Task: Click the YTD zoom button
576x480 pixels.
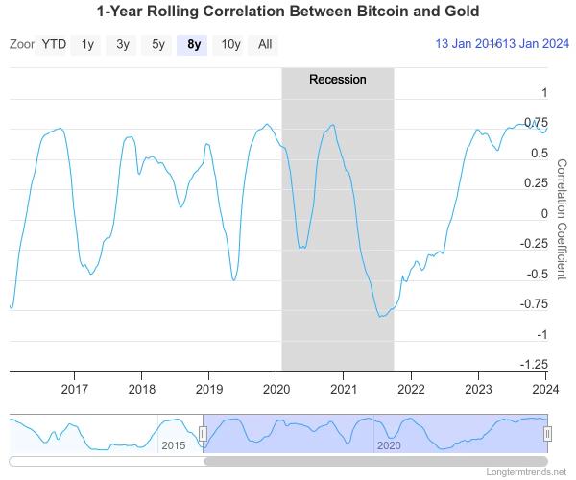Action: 54,44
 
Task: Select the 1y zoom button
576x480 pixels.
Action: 88,44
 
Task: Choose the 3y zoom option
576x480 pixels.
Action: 123,44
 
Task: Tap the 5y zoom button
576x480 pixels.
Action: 158,44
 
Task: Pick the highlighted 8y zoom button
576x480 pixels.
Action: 194,44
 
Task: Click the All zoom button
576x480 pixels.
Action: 265,44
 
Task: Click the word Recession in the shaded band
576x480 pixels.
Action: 337,79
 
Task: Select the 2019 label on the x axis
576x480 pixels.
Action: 209,389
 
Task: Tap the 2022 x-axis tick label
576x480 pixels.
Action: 411,389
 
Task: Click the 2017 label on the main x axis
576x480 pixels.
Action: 75,389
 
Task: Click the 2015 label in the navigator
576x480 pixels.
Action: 173,445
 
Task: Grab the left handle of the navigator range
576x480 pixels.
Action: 203,434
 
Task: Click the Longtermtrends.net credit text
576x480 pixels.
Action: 527,473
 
